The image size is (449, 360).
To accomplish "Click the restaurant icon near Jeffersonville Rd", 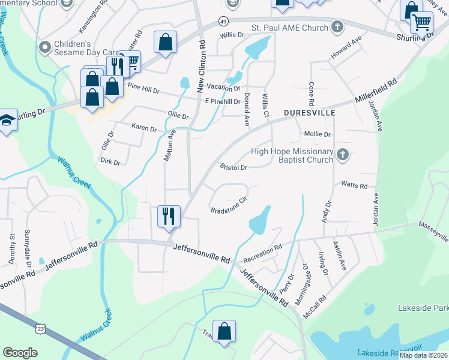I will point(169,215).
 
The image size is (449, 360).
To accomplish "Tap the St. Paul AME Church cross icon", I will point(337,27).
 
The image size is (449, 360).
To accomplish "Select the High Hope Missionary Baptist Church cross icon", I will point(343,155).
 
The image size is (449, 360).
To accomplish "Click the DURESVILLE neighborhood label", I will point(309,113).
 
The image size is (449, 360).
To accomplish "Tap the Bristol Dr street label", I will point(234,167).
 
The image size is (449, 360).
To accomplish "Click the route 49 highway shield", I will point(223,22).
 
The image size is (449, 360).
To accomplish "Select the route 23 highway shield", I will point(40,329).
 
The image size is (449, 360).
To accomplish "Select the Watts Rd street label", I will point(354,185).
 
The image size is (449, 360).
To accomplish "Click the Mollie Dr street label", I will point(318,134).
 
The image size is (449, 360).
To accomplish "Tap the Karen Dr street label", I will point(144,128).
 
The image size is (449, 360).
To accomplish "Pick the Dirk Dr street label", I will point(110,162).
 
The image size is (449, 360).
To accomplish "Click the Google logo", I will point(20,353).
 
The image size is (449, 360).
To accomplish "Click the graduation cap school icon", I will point(7,119).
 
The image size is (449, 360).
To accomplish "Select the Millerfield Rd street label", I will point(376,92).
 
